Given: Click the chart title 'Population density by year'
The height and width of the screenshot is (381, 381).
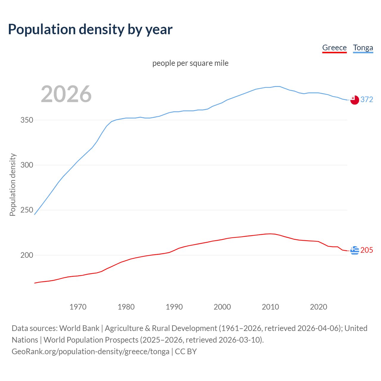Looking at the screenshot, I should point(90,29).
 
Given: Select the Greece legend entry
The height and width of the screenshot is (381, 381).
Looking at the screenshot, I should point(334,48).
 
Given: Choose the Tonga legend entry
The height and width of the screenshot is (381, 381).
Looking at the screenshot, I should point(363,48).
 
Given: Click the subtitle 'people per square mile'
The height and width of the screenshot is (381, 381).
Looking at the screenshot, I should point(190,63).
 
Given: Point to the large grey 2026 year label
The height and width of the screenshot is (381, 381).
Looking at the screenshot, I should point(66,94).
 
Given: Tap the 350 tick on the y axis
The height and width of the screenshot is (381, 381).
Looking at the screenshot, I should point(27,120).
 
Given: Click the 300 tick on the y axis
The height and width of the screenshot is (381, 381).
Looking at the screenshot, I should point(27,165).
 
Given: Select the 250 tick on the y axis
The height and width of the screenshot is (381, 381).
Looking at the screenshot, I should point(27,210).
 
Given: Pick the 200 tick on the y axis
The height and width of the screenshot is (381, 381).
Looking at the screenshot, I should point(27,255).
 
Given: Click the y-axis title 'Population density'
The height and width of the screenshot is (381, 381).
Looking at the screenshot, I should point(13,185).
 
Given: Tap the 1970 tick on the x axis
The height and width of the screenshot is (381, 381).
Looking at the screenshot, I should point(78,307).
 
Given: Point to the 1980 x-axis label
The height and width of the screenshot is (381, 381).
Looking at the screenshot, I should point(126,307).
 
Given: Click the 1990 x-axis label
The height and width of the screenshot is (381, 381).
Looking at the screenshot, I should point(174,307).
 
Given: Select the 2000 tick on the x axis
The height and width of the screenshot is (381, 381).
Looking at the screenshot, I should point(222,307).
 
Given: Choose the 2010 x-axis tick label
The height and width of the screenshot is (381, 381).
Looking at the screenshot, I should point(270,307).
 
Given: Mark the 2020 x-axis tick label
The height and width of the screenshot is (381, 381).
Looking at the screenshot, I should point(318,307).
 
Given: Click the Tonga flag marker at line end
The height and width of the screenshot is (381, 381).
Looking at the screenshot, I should point(355,100).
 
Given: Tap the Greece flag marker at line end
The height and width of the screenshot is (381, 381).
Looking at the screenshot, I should point(355,251).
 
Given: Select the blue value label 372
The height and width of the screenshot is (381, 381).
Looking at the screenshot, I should point(367,100).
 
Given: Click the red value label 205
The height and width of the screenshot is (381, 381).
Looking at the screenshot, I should point(367,250).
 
